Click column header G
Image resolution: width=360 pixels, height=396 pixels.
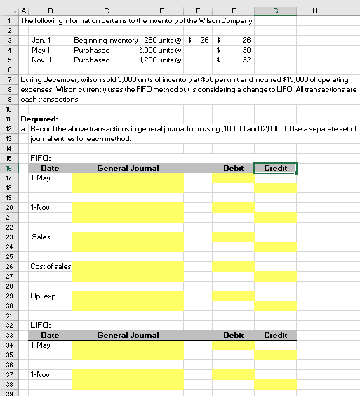(x=275, y=11)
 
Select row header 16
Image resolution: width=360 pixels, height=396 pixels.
(x=6, y=168)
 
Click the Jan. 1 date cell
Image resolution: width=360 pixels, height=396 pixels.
(x=41, y=41)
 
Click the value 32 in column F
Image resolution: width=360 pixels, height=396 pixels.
(x=246, y=60)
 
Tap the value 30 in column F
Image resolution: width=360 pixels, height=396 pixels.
(x=246, y=51)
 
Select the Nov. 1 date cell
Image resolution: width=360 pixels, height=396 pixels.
(x=42, y=60)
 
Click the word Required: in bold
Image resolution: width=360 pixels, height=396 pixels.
(x=40, y=119)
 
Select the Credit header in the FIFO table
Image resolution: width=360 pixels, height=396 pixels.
(x=275, y=169)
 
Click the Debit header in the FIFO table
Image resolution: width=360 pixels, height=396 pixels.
(x=233, y=169)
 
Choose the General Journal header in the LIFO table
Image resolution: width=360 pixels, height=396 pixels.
(x=128, y=336)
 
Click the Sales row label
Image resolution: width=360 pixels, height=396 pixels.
(x=41, y=237)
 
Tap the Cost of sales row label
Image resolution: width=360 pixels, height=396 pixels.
(x=51, y=267)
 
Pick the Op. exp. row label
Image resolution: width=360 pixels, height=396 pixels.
(x=43, y=296)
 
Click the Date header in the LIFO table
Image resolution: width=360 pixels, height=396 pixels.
(x=50, y=336)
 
